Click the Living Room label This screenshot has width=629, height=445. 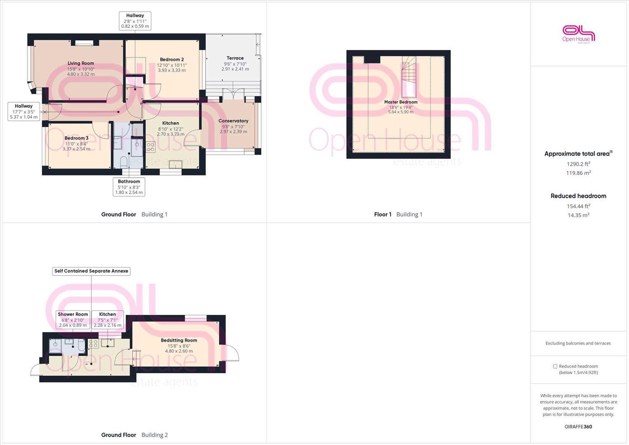point(81,63)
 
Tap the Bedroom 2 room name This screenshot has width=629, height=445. point(172,60)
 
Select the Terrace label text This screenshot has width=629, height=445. point(235,58)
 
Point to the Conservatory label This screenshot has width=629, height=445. point(233,121)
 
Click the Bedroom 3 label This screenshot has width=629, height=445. point(76,138)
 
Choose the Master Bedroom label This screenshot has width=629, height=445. point(401,102)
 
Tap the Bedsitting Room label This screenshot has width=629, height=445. point(179,340)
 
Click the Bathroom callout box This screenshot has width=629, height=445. point(129,187)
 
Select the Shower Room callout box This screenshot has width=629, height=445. point(73,319)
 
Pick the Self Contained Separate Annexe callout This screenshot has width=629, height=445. point(91,271)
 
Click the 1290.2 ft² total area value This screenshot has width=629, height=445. point(578,164)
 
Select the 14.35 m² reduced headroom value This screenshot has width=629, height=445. point(578,215)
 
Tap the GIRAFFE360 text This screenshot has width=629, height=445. point(578,426)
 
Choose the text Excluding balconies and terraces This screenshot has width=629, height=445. point(578,343)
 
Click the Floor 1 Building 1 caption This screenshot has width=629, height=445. point(398,214)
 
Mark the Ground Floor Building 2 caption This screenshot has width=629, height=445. point(134,435)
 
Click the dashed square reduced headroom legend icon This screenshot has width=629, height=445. point(555,366)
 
